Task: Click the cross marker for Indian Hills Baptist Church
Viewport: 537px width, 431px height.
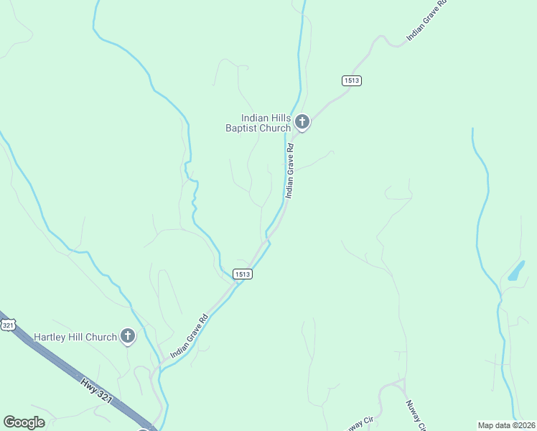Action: coord(302,123)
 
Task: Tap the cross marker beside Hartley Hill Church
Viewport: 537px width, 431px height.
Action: coord(128,335)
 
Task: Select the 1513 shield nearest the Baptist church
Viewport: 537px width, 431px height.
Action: coord(352,80)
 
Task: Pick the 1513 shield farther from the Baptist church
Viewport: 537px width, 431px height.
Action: coord(242,274)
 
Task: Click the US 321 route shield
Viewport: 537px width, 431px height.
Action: coord(8,325)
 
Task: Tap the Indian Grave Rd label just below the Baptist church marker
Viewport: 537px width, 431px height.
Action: coord(289,171)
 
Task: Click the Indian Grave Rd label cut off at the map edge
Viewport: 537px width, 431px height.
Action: coord(427,21)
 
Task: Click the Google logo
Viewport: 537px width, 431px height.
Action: coord(24,422)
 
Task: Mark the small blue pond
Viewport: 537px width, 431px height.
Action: coord(516,272)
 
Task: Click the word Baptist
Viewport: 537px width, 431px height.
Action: coord(244,129)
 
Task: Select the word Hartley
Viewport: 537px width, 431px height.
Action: coord(52,337)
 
